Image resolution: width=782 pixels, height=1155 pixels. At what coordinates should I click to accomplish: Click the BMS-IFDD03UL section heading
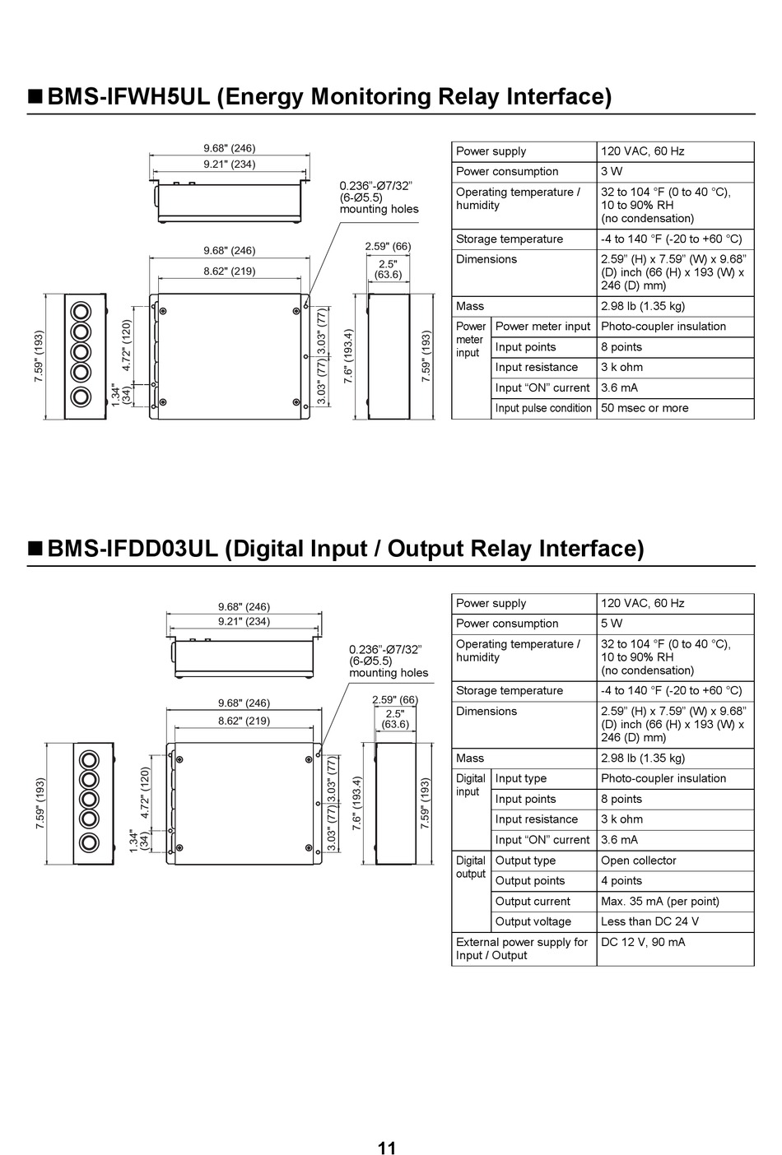pos(346,549)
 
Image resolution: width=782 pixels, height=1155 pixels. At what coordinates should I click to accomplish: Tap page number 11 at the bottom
pos(387,1148)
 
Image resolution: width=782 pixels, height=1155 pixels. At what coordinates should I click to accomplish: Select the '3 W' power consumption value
pos(612,171)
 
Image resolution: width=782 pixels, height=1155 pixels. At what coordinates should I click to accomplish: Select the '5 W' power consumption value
pos(612,624)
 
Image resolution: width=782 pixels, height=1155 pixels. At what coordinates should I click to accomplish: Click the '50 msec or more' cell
pos(645,408)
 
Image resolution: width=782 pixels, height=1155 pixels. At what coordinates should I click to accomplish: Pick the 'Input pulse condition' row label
pos(543,408)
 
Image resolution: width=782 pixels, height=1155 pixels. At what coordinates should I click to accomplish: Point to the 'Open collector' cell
pos(639,860)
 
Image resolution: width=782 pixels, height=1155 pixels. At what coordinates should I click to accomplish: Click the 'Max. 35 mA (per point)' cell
pos(660,902)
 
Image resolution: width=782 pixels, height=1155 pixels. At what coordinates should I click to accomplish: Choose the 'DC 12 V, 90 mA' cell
pos(643,942)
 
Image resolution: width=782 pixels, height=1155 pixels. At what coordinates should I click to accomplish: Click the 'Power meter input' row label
pos(543,327)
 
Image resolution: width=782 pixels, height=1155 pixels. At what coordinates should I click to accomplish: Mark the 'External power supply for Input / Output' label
pos(522,949)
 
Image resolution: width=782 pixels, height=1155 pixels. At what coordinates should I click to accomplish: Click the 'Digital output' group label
pos(471,867)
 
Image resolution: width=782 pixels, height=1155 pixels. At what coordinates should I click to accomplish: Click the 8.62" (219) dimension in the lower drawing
pos(244,721)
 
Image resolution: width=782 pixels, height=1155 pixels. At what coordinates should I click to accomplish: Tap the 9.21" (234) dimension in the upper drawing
pos(230,165)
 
